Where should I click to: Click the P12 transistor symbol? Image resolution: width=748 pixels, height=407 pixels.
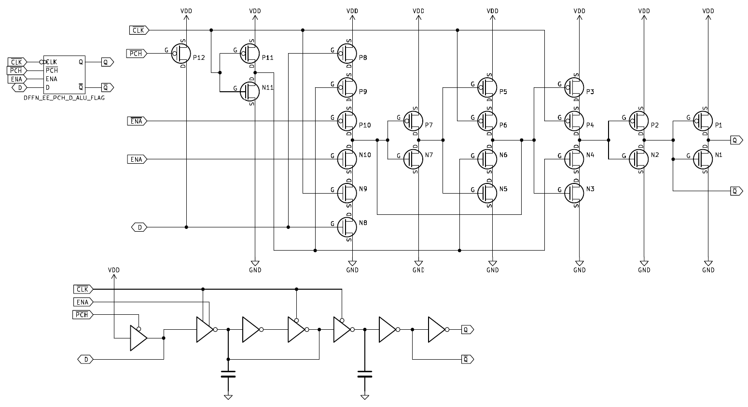tap(181, 54)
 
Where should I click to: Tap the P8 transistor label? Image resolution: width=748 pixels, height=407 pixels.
tap(363, 57)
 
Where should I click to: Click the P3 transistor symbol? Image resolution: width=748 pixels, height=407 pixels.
tap(574, 87)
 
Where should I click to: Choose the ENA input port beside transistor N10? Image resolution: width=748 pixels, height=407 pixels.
tap(137, 159)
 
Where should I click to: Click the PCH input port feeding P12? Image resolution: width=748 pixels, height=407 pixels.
tap(136, 54)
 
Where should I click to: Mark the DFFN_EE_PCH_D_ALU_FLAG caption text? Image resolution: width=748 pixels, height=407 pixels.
tap(64, 98)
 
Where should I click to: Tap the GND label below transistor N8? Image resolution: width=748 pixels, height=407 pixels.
tap(353, 270)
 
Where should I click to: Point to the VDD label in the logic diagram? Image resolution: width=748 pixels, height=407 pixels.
tap(114, 270)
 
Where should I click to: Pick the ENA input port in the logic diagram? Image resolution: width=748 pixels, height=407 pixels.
tap(83, 302)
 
